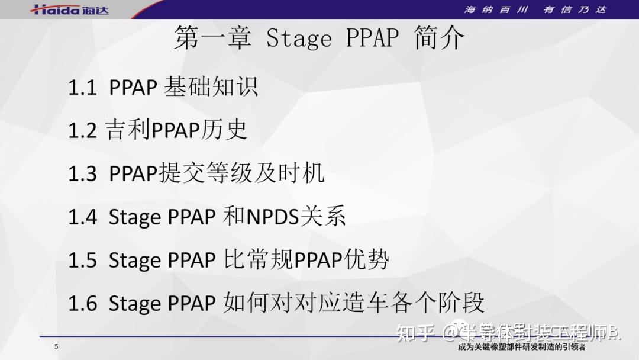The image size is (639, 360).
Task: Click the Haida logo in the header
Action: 70,9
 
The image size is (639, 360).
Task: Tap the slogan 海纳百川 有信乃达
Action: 535,9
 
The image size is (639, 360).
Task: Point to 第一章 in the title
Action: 212,38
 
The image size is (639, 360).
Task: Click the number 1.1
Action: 82,88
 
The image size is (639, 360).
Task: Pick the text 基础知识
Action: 211,88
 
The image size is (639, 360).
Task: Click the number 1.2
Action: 82,131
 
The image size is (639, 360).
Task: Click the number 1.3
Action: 82,174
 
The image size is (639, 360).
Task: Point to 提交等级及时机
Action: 241,173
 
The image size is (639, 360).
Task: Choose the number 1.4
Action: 82,217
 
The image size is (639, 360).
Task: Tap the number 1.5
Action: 82,261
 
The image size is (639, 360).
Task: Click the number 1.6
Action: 82,304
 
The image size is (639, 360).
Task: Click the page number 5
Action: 56,347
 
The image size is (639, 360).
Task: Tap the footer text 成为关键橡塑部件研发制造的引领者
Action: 521,348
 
